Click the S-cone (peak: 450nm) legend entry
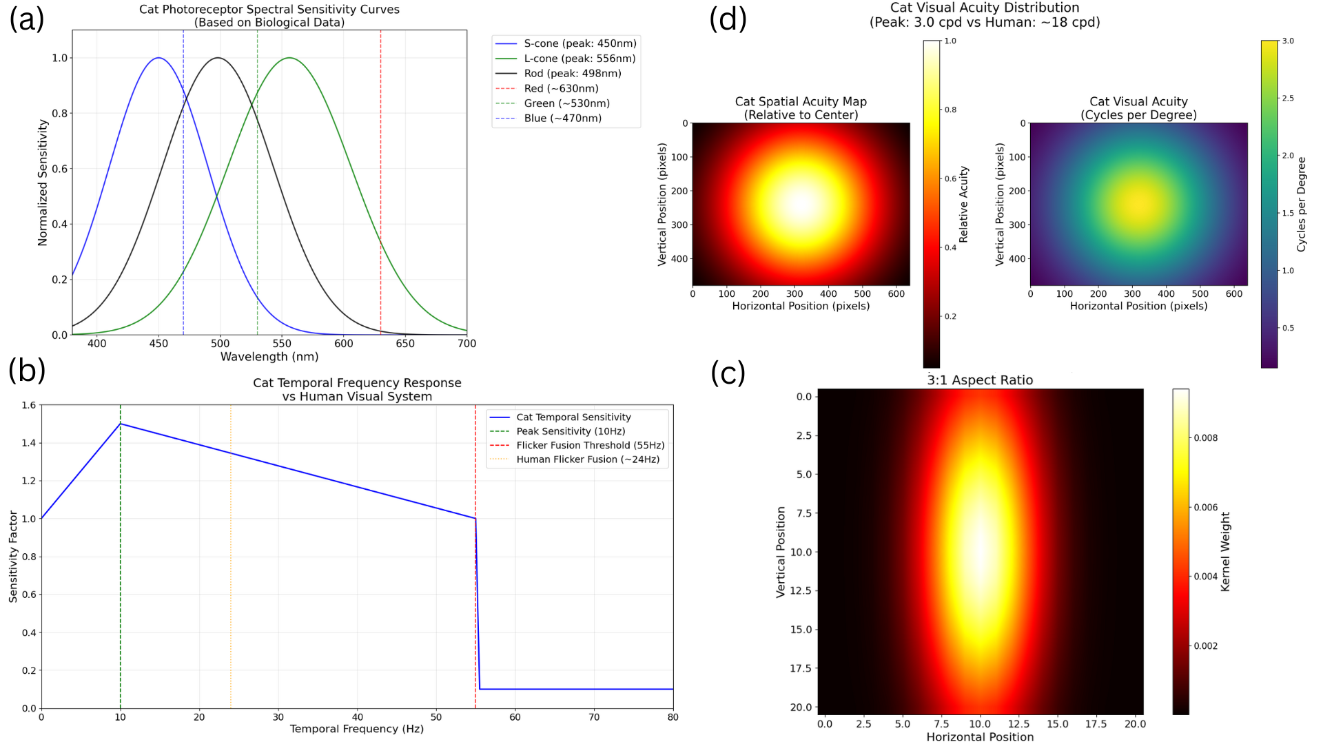click(x=580, y=43)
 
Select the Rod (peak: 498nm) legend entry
click(x=572, y=74)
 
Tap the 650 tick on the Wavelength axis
click(x=405, y=344)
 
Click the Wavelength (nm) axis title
click(x=269, y=357)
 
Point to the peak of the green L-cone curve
click(x=289, y=58)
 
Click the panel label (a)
click(x=26, y=19)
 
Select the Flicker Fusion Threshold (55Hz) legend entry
click(x=590, y=446)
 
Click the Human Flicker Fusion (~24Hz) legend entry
click(x=587, y=459)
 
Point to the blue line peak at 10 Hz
click(x=121, y=424)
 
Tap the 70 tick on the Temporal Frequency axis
click(x=594, y=717)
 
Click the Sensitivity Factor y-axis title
click(x=13, y=557)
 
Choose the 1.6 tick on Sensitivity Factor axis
click(x=28, y=405)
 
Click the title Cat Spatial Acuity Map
click(x=801, y=102)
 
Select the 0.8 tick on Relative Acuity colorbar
click(x=950, y=110)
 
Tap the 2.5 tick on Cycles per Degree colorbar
click(x=1287, y=99)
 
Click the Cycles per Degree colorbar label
click(x=1301, y=205)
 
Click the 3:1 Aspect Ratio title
click(x=980, y=380)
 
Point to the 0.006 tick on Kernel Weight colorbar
click(x=1205, y=508)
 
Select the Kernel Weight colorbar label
click(x=1224, y=552)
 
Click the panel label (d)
click(x=728, y=19)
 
